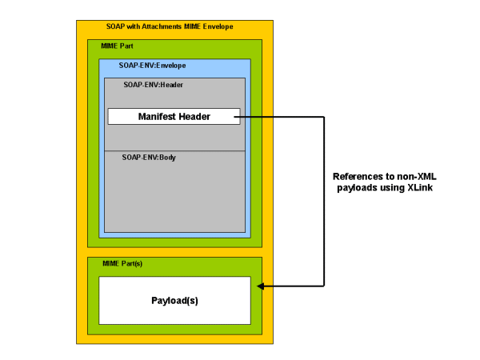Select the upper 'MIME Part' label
click(x=118, y=47)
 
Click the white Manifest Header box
click(x=174, y=117)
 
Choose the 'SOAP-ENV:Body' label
click(x=149, y=158)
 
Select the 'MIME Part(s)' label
click(x=122, y=263)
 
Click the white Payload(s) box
click(x=174, y=301)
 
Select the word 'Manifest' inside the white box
click(x=157, y=117)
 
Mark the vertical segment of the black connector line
click(x=323, y=200)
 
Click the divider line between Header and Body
click(x=174, y=150)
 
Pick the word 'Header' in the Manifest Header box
click(x=194, y=117)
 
